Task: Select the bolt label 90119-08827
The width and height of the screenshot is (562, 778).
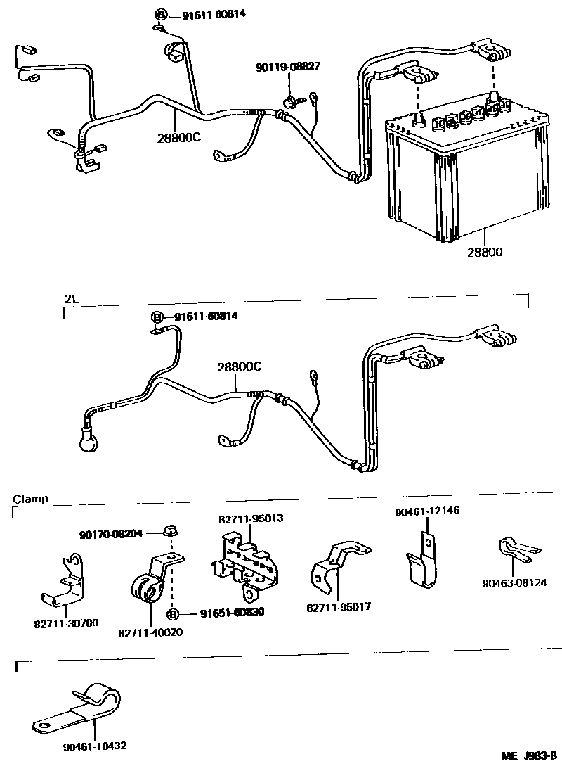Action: (x=288, y=67)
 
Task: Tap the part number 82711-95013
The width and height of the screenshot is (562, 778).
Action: (x=251, y=518)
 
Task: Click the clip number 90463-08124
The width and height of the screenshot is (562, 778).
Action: (x=515, y=582)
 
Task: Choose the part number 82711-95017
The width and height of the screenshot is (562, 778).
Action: (x=339, y=606)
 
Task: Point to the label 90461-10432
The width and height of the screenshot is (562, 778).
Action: (x=94, y=745)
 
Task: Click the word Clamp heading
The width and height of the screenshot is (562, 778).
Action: (x=30, y=499)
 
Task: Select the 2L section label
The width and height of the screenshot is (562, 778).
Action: (x=71, y=298)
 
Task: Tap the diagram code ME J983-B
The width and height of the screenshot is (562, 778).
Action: (x=528, y=756)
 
